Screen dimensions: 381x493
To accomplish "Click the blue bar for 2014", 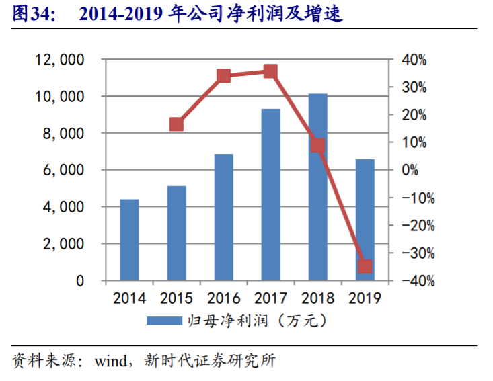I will tap(129, 240).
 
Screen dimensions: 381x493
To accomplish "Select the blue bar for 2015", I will tap(176, 233).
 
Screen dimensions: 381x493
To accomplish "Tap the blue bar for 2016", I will tap(223, 217).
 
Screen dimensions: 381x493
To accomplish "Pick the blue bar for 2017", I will tap(270, 194).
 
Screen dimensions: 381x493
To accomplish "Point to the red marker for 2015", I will tap(176, 124).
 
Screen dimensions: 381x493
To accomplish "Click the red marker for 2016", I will tap(224, 76).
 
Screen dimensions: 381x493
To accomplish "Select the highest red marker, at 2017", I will tap(270, 71).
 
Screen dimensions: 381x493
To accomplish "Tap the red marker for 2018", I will tap(317, 146).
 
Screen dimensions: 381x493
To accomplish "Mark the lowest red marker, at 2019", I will tap(365, 267).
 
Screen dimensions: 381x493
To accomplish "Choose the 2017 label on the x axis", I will tap(270, 298).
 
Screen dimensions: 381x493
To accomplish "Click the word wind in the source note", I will tap(109, 361).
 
